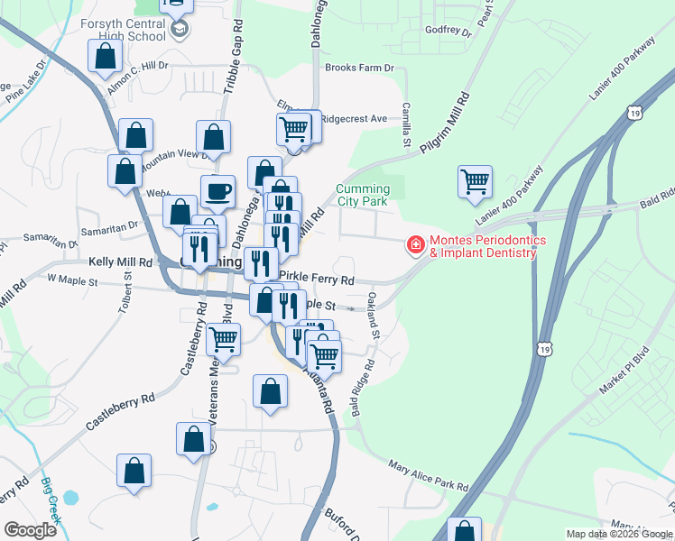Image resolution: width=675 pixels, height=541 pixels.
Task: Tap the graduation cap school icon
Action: coord(180,30)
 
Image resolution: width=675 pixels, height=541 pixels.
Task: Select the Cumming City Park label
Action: coord(363,195)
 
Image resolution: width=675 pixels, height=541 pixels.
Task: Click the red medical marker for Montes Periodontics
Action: coord(416,243)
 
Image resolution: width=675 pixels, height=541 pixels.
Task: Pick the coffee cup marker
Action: coord(217,191)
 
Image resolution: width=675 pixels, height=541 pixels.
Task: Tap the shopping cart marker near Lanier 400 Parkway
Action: coord(475,181)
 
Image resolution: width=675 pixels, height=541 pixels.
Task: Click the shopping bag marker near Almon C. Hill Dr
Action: coord(106,56)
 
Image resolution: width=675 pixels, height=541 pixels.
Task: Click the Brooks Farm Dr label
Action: coord(360,69)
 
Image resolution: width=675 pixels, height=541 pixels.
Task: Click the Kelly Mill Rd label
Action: coord(120,261)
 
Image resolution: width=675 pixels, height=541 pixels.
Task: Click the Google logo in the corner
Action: coord(30,529)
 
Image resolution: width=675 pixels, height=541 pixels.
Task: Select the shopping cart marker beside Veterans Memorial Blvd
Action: coord(223,340)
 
